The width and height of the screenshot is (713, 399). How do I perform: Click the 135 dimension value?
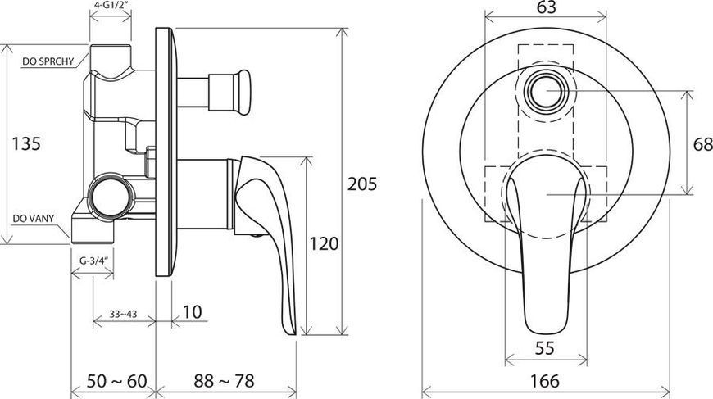(26, 143)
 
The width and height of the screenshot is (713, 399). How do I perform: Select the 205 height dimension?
(362, 184)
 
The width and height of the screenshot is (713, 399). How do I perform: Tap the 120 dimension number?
(325, 243)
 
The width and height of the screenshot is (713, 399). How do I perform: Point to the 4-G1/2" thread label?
(111, 7)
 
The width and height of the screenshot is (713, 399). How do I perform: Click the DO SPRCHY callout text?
(48, 61)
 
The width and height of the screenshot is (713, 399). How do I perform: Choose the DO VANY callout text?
(34, 219)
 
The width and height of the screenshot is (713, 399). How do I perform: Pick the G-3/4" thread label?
(93, 261)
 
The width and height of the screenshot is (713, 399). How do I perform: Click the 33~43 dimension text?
(123, 314)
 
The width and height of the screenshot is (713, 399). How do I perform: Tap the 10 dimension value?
(193, 312)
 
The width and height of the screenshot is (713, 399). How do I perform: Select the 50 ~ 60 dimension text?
(117, 381)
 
